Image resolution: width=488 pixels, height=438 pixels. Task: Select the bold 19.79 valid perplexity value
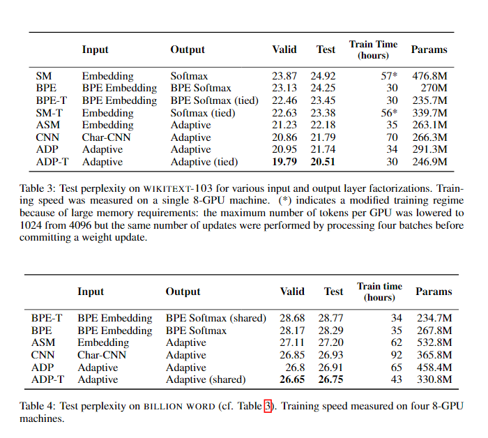click(284, 163)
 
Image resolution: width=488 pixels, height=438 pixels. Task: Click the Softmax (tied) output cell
click(203, 113)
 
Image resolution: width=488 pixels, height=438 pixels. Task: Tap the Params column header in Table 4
click(434, 292)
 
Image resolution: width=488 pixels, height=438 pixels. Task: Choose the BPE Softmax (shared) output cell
click(216, 318)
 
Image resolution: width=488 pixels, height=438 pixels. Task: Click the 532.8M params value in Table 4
click(434, 342)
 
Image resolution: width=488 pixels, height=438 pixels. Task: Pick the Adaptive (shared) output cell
click(206, 380)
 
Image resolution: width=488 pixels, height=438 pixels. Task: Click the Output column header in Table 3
click(188, 50)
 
